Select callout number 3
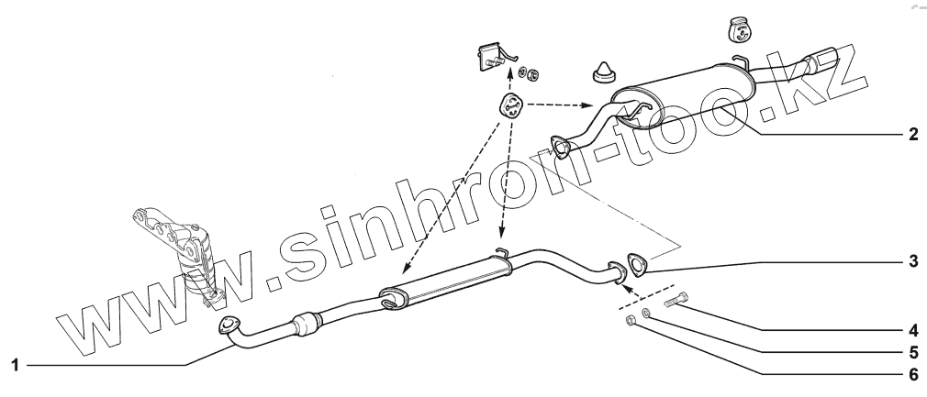pos(911,260)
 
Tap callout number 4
pos(911,327)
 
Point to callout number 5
pos(911,349)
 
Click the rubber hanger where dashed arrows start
pos(510,108)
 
